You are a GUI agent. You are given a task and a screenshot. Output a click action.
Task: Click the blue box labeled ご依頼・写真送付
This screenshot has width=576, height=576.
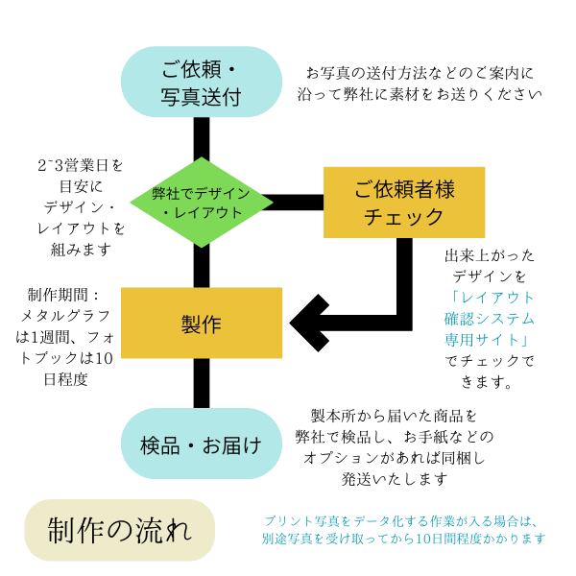coord(202,82)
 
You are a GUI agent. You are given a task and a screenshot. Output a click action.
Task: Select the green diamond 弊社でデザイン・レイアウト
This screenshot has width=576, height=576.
coord(202,203)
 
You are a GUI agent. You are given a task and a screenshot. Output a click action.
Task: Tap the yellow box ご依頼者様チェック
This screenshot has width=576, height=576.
coord(404,203)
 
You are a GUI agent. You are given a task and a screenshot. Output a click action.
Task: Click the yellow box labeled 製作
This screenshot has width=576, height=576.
coord(202,323)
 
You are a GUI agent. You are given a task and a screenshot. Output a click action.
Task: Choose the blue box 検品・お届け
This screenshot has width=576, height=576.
coord(202,444)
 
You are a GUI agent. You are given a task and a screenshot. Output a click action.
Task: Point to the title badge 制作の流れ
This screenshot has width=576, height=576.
coord(120,530)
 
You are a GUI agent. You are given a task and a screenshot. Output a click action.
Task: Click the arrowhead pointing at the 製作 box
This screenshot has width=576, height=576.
coord(309,323)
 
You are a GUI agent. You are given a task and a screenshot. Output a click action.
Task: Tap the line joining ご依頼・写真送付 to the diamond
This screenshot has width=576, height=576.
coord(202,138)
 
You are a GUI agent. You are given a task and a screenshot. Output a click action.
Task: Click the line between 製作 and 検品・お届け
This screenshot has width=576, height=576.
coord(202,383)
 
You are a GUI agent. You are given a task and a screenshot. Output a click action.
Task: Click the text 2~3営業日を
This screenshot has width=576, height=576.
coord(81,166)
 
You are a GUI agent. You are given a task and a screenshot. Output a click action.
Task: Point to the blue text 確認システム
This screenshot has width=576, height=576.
coord(489,319)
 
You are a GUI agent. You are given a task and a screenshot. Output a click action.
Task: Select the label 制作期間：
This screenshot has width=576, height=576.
coord(63,295)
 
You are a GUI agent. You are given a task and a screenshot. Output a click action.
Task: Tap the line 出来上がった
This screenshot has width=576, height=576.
coord(489,255)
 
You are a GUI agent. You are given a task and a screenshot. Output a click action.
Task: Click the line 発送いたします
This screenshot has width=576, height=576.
coord(395,479)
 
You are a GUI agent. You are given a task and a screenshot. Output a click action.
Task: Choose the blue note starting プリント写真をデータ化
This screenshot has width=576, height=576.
coord(403,530)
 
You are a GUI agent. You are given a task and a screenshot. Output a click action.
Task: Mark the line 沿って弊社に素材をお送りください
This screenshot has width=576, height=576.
coord(420,95)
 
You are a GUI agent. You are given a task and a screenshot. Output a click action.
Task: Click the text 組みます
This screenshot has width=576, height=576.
coord(81,251)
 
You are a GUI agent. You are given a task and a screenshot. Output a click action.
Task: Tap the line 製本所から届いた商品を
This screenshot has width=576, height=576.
coord(394,416)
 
